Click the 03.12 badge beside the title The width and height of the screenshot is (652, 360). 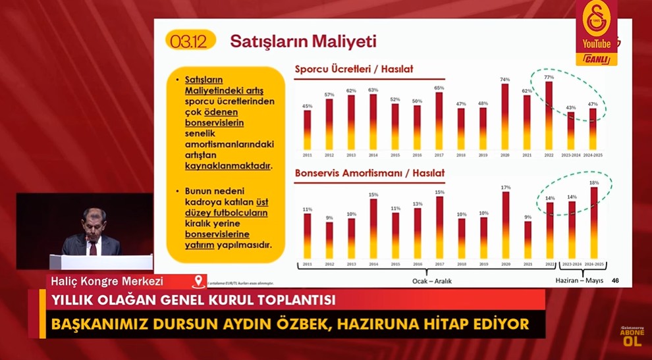pos(188,41)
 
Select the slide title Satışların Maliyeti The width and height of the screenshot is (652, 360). pos(303,41)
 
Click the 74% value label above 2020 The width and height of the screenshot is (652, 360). pos(504,80)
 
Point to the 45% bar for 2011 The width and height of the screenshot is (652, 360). pos(308,129)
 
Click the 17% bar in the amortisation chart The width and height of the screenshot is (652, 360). pos(505,223)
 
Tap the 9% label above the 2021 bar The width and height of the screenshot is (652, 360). pos(527,217)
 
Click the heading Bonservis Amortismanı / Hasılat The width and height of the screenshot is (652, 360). pos(369,173)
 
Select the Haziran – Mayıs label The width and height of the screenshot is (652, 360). pos(580,280)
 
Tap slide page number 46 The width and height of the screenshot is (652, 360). pos(614,280)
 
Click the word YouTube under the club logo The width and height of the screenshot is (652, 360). pos(597,44)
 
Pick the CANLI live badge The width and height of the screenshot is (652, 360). pos(598,59)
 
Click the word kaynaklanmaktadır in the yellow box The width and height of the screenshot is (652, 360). pos(229,167)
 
